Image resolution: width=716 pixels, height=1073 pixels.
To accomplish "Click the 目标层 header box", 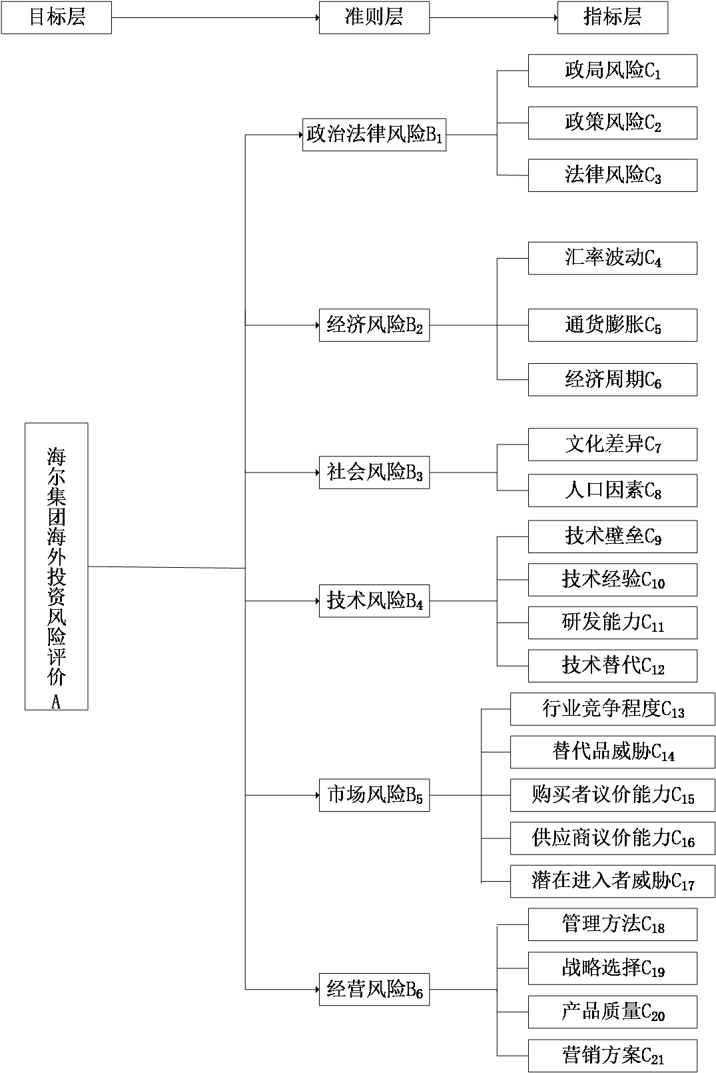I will click(x=56, y=17).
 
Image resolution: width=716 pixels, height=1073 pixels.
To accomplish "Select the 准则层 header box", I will click(x=374, y=17).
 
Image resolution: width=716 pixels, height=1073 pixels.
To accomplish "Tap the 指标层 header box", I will click(x=612, y=17).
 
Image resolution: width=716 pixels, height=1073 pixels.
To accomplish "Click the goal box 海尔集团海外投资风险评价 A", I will click(x=57, y=566).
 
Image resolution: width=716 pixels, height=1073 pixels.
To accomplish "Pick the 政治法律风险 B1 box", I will click(x=374, y=135).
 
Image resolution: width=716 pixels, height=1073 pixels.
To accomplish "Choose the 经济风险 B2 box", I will click(x=374, y=325).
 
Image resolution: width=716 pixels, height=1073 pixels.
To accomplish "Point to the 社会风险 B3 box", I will click(x=374, y=473).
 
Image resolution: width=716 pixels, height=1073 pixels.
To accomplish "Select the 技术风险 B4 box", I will click(x=374, y=601).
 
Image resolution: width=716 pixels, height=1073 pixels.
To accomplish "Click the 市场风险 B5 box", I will click(x=374, y=794).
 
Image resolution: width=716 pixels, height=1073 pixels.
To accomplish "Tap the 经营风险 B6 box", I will click(x=374, y=989).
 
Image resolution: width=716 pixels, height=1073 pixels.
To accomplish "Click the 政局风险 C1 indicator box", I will click(x=612, y=71).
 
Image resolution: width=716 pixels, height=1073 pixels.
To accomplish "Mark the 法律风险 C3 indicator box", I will click(x=612, y=175).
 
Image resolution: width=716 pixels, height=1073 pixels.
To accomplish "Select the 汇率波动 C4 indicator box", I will click(x=612, y=258).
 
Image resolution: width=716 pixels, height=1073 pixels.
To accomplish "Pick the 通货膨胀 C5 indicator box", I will click(x=612, y=325).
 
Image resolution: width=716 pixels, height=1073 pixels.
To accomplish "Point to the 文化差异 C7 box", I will click(x=612, y=445).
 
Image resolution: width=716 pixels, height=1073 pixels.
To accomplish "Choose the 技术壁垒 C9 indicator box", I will click(x=612, y=536).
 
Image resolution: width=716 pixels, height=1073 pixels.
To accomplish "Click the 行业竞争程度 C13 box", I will click(x=612, y=709).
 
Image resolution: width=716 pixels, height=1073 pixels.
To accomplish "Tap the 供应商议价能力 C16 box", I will click(x=612, y=838).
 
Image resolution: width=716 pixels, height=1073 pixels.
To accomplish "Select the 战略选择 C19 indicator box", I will click(x=612, y=968).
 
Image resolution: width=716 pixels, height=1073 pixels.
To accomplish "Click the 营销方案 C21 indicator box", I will click(x=612, y=1056).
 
